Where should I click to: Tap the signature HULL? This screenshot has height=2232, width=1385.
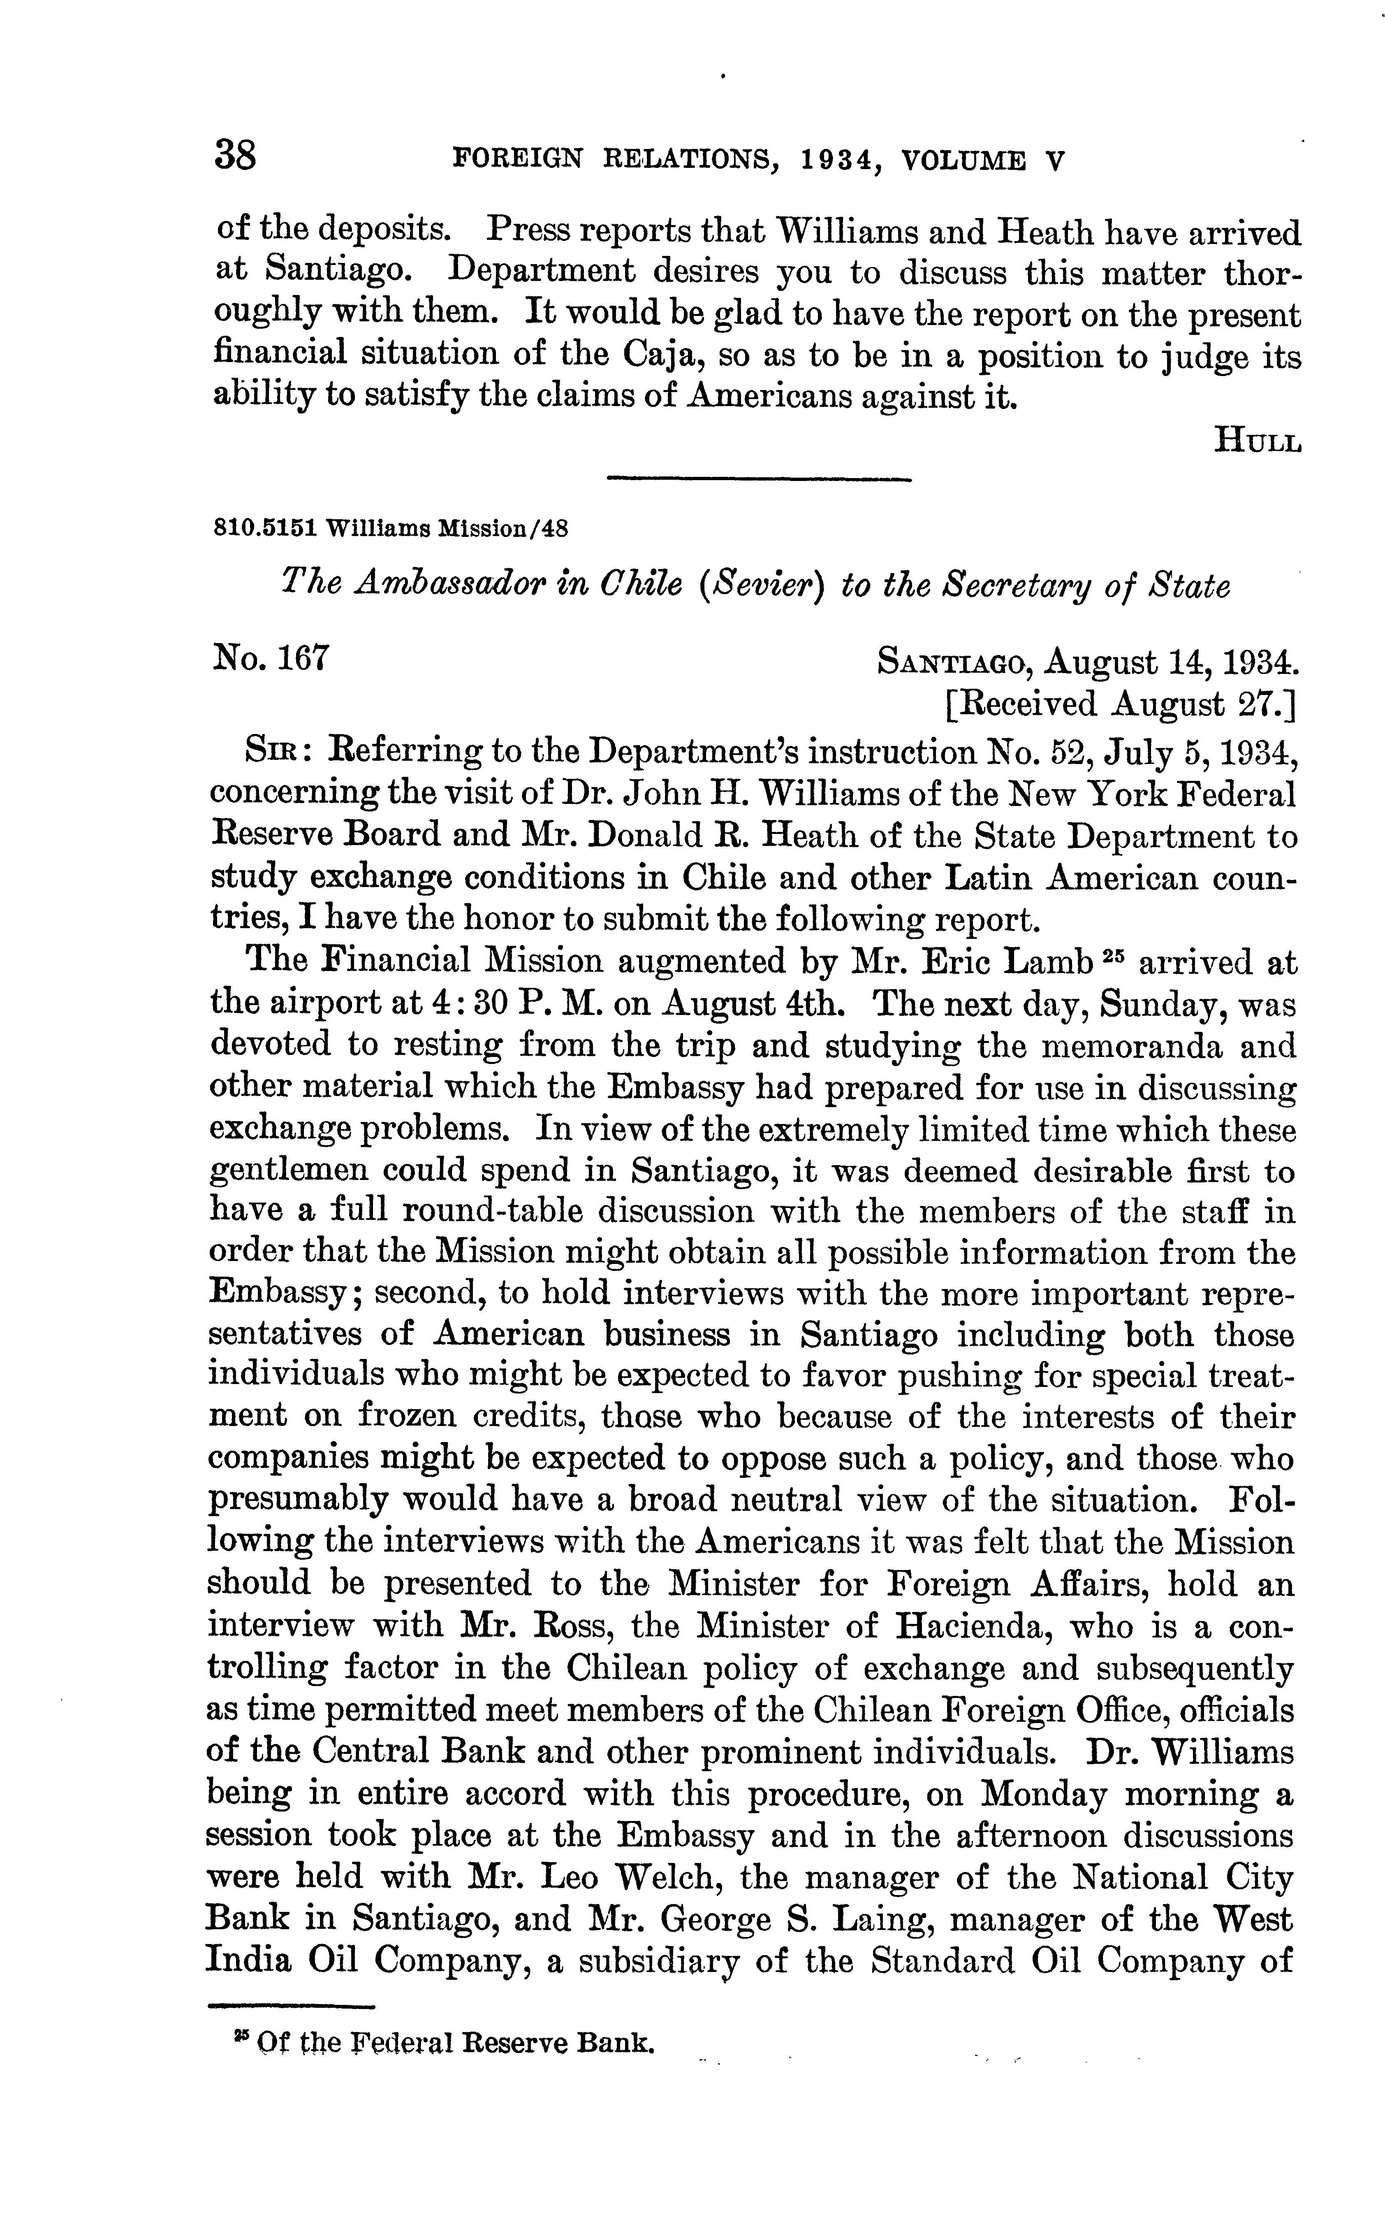click(1257, 441)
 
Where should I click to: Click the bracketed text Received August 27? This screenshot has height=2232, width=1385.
click(1119, 704)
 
